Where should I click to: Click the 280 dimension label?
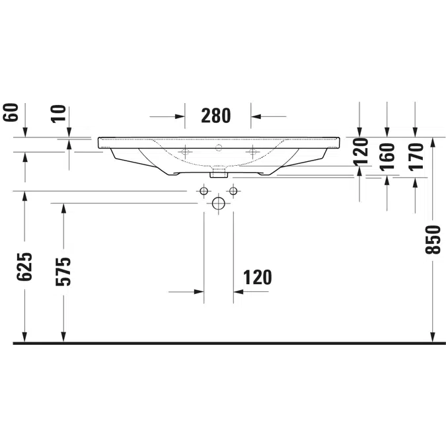(x=215, y=116)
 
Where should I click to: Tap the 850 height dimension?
(x=433, y=239)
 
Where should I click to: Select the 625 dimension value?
(x=24, y=266)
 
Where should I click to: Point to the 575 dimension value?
(x=63, y=272)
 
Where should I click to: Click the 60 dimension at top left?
(x=11, y=112)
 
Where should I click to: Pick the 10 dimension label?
(x=58, y=114)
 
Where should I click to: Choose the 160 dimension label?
(x=387, y=157)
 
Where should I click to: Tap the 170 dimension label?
(x=416, y=157)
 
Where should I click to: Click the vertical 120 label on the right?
(x=360, y=152)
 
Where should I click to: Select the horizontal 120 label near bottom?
(x=258, y=278)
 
